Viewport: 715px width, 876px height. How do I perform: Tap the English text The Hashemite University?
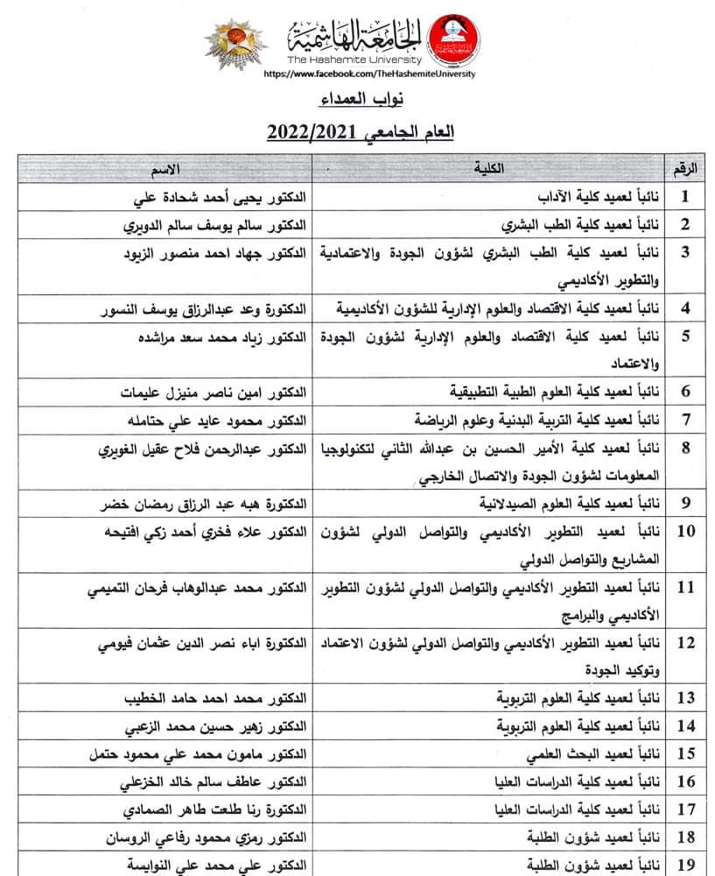[x=354, y=60]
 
